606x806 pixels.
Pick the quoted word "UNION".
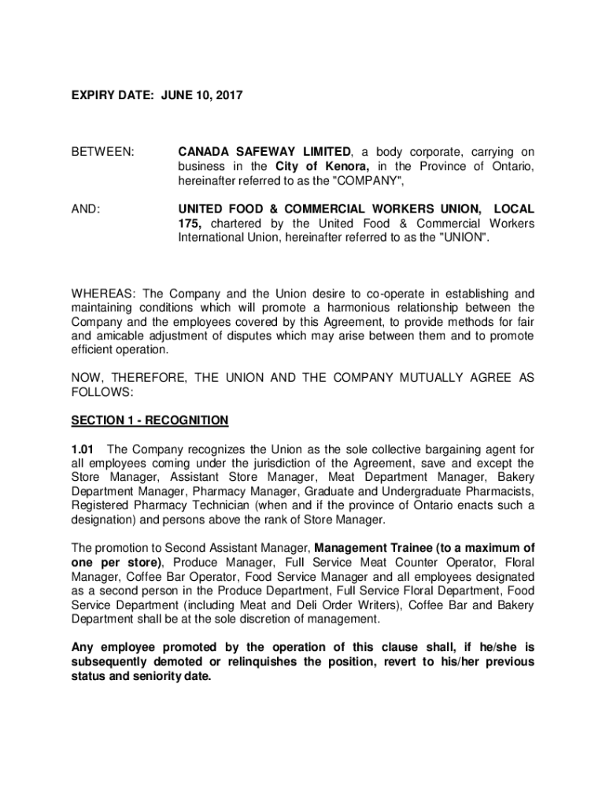pyautogui.click(x=460, y=238)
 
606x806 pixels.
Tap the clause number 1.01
pyautogui.click(x=83, y=449)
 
